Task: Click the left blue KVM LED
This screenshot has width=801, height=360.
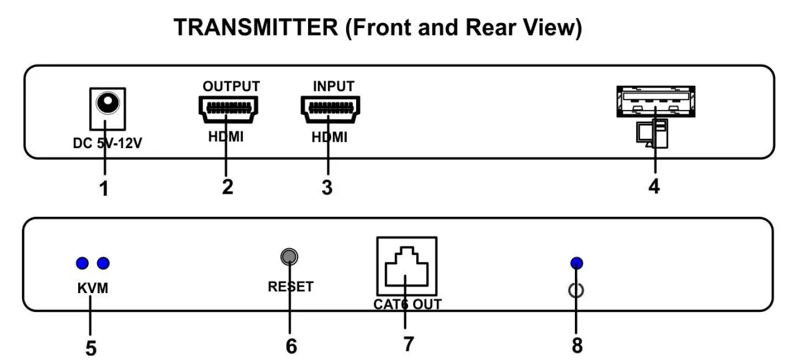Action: [x=81, y=262]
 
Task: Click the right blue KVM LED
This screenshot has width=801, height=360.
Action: [x=102, y=262]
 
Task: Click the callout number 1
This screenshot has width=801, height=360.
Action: [x=104, y=187]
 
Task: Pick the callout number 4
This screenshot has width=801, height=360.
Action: [x=654, y=186]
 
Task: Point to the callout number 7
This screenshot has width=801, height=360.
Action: [x=408, y=343]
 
